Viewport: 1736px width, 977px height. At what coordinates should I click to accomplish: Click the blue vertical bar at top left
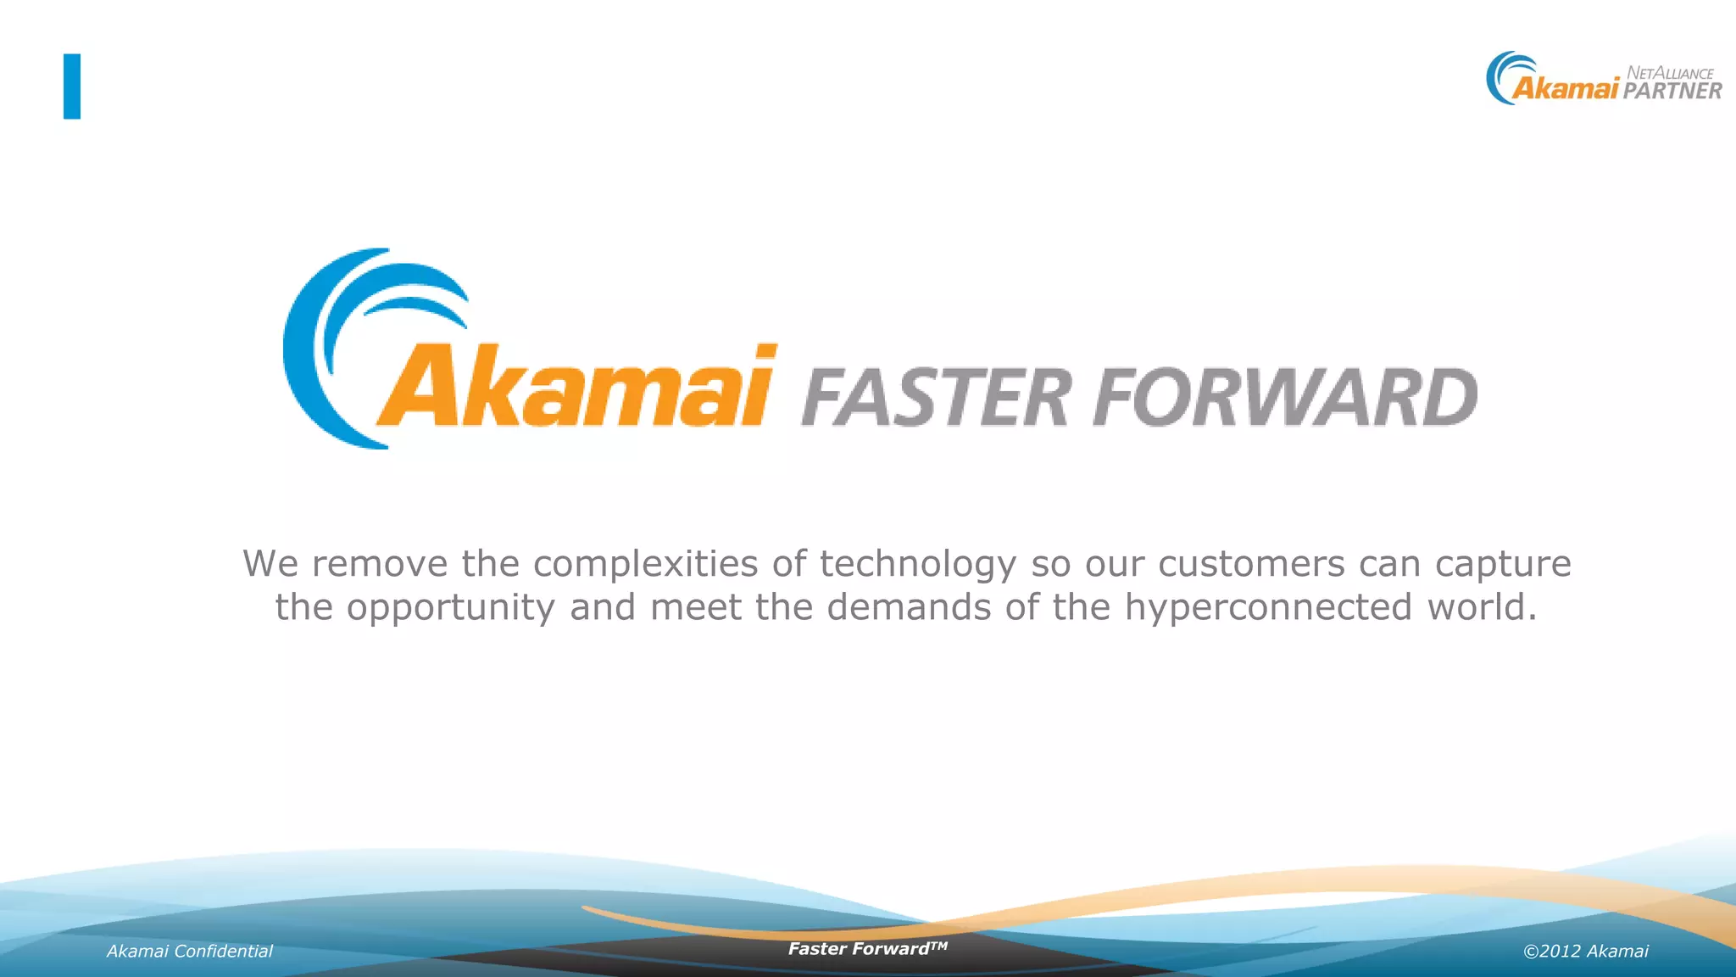click(x=72, y=87)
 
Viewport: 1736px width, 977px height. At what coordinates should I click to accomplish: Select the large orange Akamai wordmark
click(x=576, y=386)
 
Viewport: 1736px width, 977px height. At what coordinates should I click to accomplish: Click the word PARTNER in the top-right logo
click(x=1672, y=91)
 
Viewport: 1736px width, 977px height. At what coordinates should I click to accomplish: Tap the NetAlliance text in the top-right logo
click(x=1670, y=73)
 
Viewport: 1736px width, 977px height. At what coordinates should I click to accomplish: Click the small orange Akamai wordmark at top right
click(x=1566, y=88)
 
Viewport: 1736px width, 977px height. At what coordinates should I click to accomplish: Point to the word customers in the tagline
click(x=1251, y=564)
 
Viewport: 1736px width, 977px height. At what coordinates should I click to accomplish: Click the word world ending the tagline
click(x=1482, y=607)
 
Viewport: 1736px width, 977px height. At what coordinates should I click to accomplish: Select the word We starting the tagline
click(x=270, y=564)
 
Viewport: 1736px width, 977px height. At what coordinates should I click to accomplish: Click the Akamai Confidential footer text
click(x=190, y=952)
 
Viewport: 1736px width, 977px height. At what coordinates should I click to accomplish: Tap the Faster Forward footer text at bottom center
click(x=867, y=949)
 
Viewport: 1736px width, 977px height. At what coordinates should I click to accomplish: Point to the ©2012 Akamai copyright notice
click(x=1585, y=952)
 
